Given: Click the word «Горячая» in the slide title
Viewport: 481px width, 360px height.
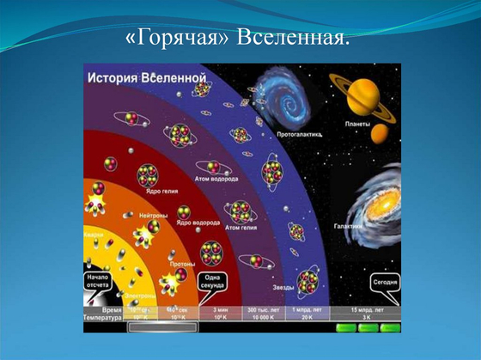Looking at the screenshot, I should point(179,40).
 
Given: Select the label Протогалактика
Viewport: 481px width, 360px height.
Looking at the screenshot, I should point(298,134).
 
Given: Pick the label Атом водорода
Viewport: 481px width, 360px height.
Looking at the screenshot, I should point(216,179).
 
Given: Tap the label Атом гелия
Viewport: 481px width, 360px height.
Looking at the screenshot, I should point(242,228).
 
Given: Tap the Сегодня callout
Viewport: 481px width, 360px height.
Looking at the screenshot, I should point(384,283).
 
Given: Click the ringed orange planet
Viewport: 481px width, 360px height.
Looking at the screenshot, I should point(364,91).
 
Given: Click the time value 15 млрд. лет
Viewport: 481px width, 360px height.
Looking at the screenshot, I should point(368,308).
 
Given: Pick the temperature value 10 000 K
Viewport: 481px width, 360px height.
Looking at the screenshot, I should point(260,316).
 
